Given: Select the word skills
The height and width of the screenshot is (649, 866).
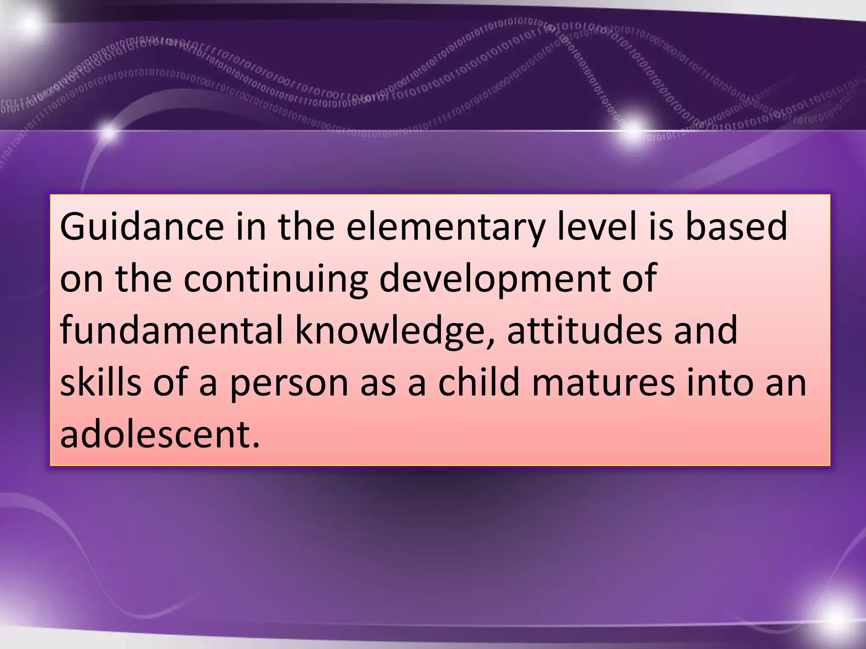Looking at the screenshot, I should (x=101, y=382).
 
